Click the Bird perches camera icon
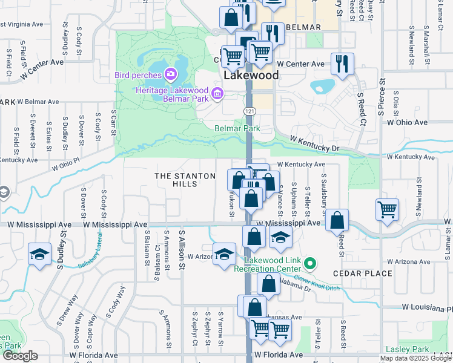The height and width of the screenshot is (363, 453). (x=171, y=75)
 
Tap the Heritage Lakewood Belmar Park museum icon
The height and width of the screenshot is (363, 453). (x=218, y=93)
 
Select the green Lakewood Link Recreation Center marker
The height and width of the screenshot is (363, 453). (x=310, y=263)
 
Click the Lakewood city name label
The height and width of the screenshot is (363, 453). (x=251, y=76)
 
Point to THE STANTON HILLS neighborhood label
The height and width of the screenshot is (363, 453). (x=185, y=180)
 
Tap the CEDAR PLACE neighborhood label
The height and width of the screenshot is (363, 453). (x=363, y=273)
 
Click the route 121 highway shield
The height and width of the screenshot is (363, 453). (x=249, y=111)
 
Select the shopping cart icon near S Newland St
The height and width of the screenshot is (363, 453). (x=387, y=210)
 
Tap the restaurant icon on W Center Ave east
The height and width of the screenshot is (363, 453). (x=342, y=63)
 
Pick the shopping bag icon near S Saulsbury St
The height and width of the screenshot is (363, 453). (x=337, y=221)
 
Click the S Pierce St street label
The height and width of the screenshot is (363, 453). (x=382, y=97)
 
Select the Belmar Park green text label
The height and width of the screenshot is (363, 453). (x=237, y=128)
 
